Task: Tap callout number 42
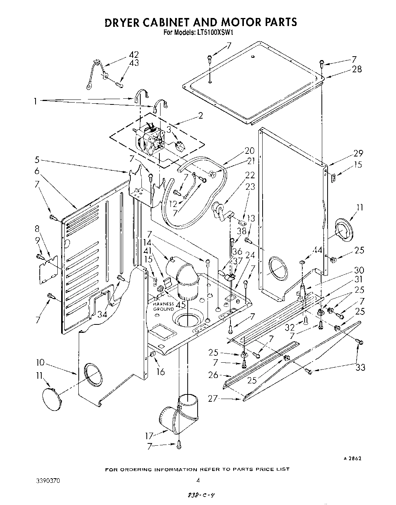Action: click(x=133, y=55)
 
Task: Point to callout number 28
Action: click(x=357, y=69)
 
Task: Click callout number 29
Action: click(x=358, y=153)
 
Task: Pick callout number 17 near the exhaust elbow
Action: click(x=149, y=435)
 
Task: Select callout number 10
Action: click(x=41, y=362)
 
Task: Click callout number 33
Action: click(x=360, y=367)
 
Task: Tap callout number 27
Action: click(x=213, y=398)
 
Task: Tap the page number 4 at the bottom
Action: click(x=198, y=481)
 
